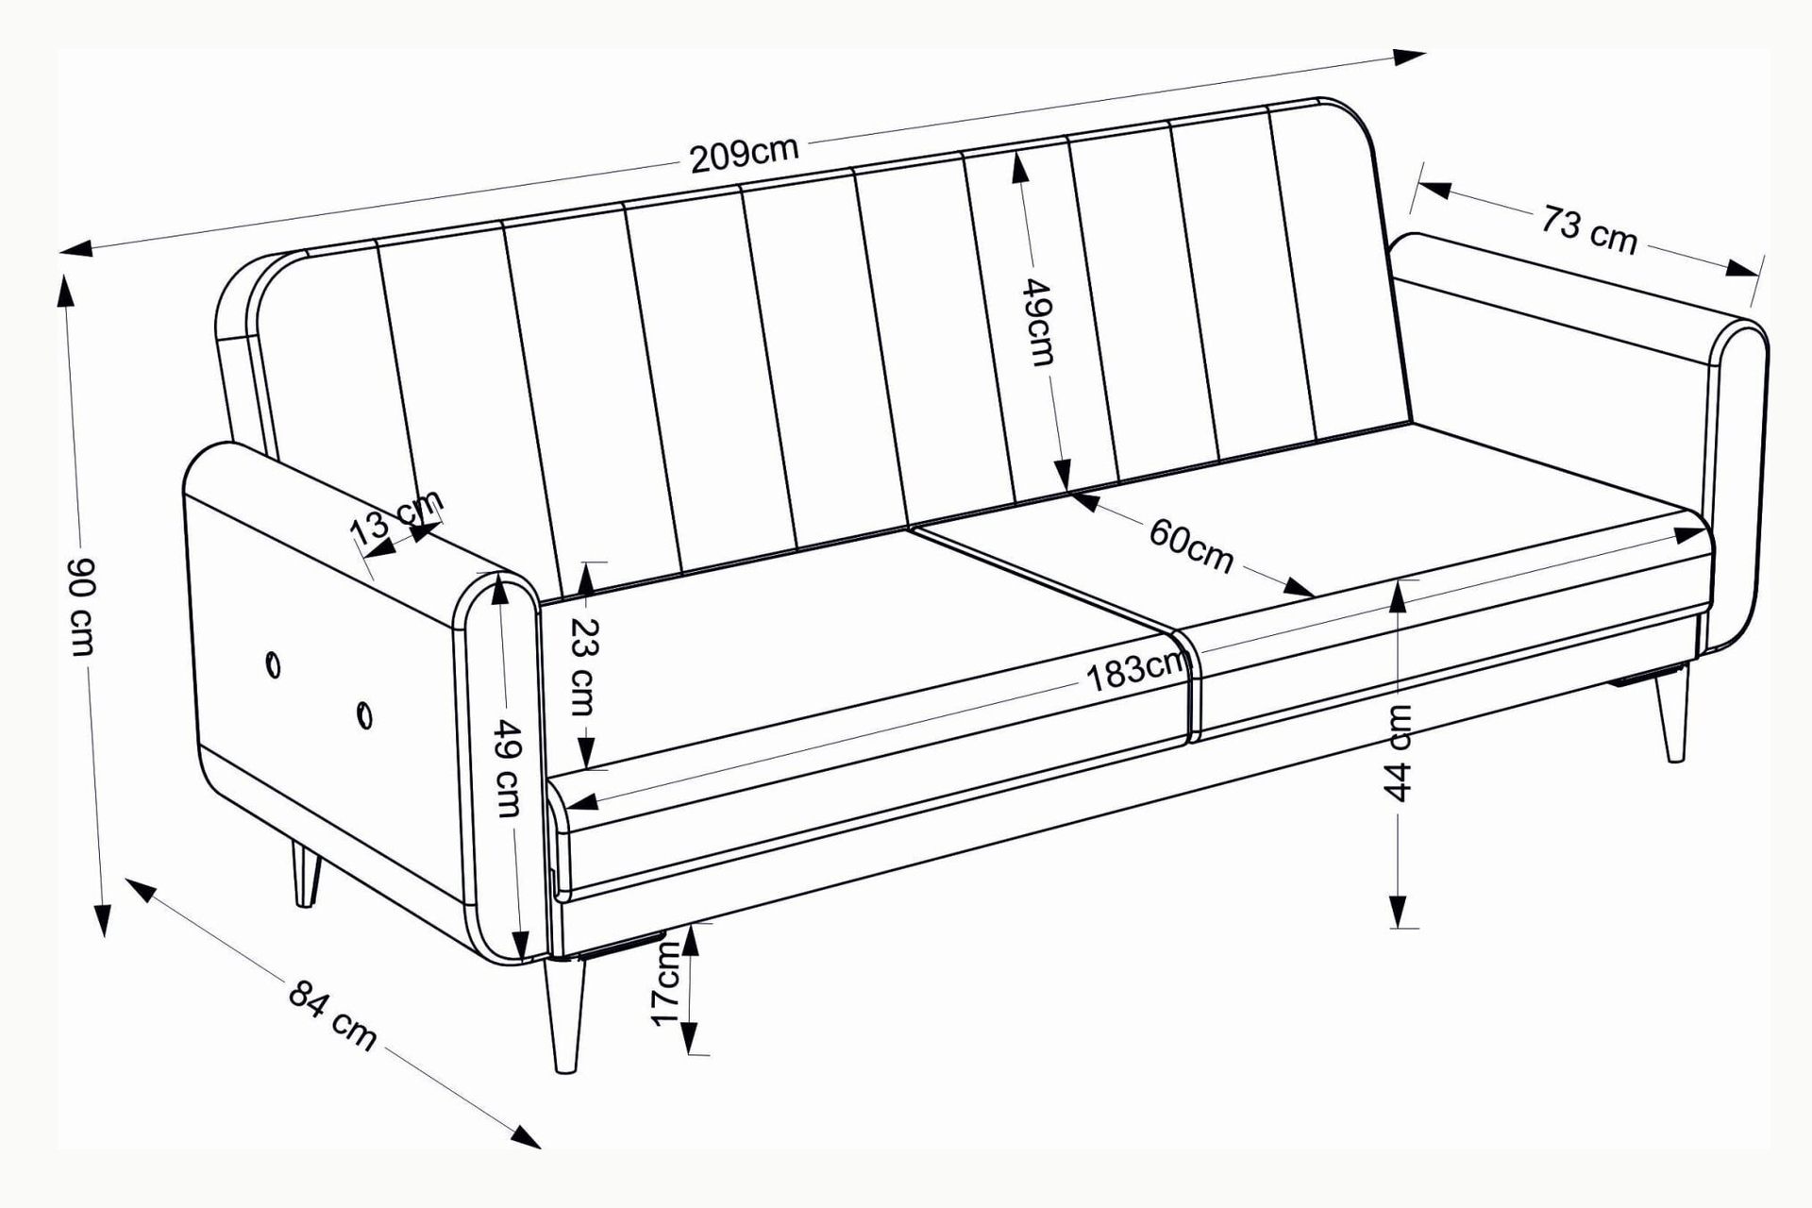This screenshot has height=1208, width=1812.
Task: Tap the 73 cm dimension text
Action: click(x=1590, y=230)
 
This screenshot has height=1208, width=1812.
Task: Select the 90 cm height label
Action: click(x=82, y=605)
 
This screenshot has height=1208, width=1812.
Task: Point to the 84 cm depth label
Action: click(x=332, y=1015)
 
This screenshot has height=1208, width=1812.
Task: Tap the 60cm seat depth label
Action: click(x=1191, y=545)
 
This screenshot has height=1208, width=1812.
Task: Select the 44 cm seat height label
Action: click(x=1400, y=752)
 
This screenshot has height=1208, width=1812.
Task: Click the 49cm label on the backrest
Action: click(x=1039, y=321)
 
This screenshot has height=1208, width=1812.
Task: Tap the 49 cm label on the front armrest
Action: click(x=509, y=767)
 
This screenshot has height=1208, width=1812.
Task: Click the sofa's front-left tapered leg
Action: click(x=564, y=1016)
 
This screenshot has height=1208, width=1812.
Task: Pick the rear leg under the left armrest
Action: click(x=304, y=874)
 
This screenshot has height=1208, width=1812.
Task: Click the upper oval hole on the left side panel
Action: click(x=273, y=665)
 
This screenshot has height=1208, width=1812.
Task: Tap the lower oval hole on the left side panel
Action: click(x=364, y=715)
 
